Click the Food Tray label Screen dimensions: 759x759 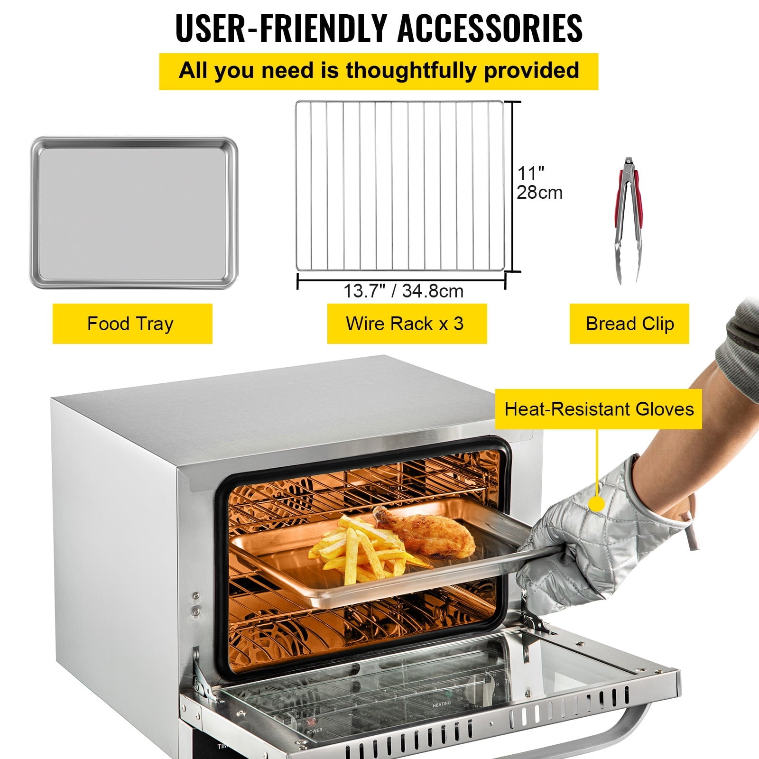coord(132,324)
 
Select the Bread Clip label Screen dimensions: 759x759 coord(629,324)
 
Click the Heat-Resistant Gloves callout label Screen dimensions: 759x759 coord(598,409)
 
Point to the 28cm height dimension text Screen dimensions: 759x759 coord(539,193)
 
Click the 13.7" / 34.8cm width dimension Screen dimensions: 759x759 coord(403,291)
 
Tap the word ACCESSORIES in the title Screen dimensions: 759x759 coord(490,28)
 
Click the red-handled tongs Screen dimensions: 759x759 coord(629,218)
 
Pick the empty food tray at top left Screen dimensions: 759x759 coord(134,213)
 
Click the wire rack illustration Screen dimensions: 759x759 coord(399,186)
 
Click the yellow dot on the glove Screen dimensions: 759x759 coord(597,503)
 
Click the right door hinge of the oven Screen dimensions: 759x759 coord(536,621)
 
